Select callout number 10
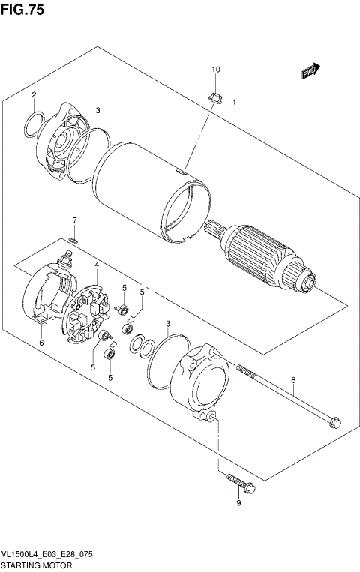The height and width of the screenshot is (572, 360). click(216, 70)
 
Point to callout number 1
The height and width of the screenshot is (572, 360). click(235, 102)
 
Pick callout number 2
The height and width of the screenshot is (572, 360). click(34, 95)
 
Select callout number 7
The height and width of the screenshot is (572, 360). click(74, 220)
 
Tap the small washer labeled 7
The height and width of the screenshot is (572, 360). click(73, 240)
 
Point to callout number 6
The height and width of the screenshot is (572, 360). click(41, 343)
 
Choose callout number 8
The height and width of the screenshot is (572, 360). click(293, 380)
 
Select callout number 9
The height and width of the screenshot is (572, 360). click(238, 503)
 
